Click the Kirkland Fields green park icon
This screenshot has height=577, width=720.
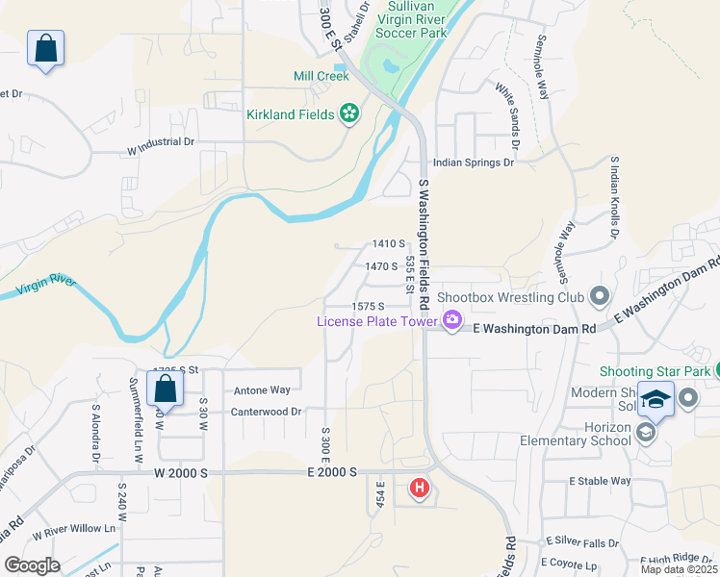348,115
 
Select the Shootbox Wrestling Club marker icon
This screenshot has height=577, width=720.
600,297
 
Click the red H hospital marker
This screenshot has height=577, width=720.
420,489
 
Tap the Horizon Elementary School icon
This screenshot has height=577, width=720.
645,434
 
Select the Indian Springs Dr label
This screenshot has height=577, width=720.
474,163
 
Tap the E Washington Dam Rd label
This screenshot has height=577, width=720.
535,328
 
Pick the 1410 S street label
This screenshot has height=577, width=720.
389,244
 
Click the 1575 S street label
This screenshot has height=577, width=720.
368,306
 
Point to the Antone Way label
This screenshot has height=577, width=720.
262,390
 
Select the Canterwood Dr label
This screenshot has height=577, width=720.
266,412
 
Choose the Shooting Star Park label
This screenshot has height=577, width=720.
655,371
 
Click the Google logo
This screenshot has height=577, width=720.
32,565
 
